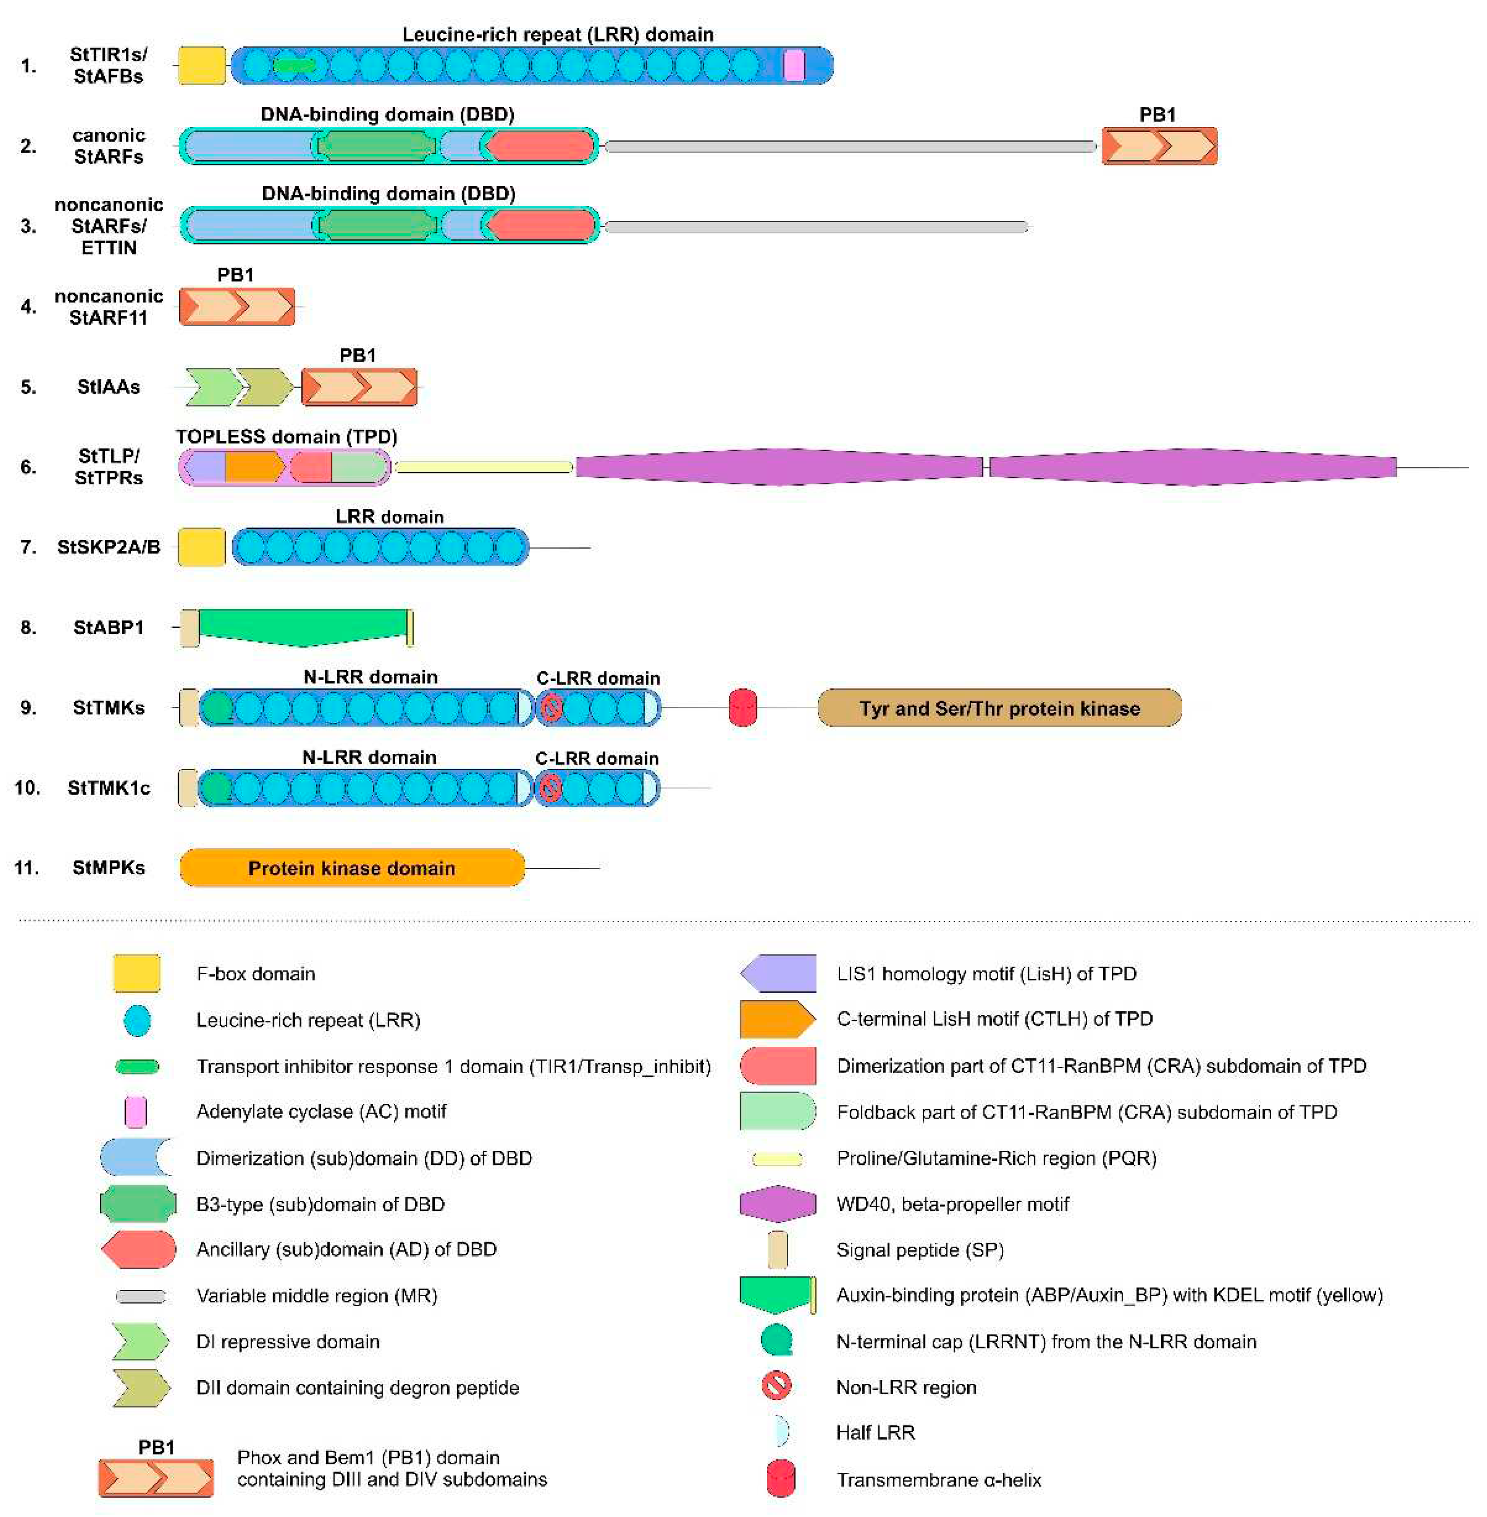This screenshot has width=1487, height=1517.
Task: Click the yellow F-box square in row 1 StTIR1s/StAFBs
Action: [x=202, y=65]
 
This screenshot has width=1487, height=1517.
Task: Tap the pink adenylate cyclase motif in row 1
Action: [x=794, y=65]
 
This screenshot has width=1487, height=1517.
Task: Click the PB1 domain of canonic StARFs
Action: [x=1159, y=146]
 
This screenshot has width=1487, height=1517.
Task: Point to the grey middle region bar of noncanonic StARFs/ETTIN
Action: [x=816, y=227]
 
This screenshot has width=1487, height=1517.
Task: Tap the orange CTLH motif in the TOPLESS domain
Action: [x=254, y=467]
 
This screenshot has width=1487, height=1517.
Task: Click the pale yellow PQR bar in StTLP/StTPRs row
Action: [x=484, y=467]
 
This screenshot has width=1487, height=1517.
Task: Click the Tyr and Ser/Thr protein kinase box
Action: [x=999, y=708]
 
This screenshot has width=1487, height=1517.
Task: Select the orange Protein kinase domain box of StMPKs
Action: [x=352, y=868]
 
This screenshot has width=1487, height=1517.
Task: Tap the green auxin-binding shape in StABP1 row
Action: [x=303, y=627]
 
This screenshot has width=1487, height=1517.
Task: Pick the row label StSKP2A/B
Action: [x=109, y=547]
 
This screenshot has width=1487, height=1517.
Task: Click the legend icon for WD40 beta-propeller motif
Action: [x=777, y=1204]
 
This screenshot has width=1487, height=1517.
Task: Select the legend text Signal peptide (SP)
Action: [x=919, y=1250]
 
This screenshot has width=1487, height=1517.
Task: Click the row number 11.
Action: [x=26, y=868]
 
